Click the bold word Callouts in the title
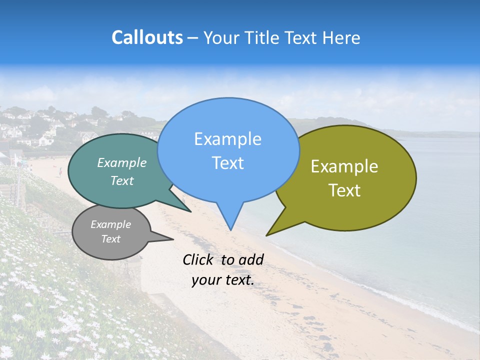tap(147, 37)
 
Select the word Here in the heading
tap(341, 37)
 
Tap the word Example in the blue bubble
tap(227, 139)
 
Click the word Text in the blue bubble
tap(227, 163)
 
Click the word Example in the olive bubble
tap(344, 166)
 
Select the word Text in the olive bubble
tap(344, 190)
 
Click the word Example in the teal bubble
tap(122, 162)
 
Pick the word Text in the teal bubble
tap(122, 180)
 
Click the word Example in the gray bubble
tap(110, 224)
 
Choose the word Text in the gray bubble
tap(110, 239)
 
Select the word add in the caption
tap(251, 259)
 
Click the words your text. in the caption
tap(223, 280)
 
